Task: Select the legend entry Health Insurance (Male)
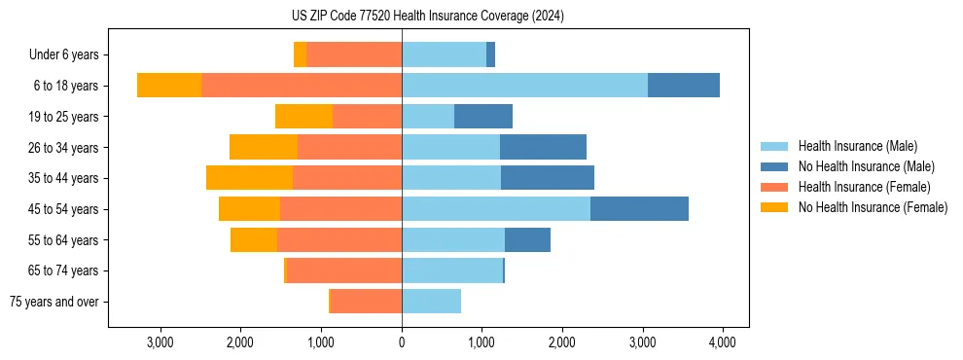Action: (x=857, y=146)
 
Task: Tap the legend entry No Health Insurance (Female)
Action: (x=873, y=207)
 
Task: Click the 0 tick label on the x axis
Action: (x=402, y=342)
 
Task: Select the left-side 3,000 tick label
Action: (x=160, y=342)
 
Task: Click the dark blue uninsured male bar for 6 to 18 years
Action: (x=684, y=86)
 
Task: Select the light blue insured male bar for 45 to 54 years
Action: (x=496, y=209)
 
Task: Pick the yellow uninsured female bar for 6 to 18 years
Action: (x=169, y=86)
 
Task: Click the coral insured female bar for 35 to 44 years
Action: (x=347, y=178)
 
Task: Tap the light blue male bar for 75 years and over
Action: (x=432, y=302)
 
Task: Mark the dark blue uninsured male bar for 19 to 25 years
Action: (x=483, y=117)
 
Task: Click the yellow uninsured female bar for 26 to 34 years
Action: (x=264, y=147)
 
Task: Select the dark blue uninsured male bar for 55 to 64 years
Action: (x=527, y=239)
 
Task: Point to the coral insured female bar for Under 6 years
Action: (x=354, y=55)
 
